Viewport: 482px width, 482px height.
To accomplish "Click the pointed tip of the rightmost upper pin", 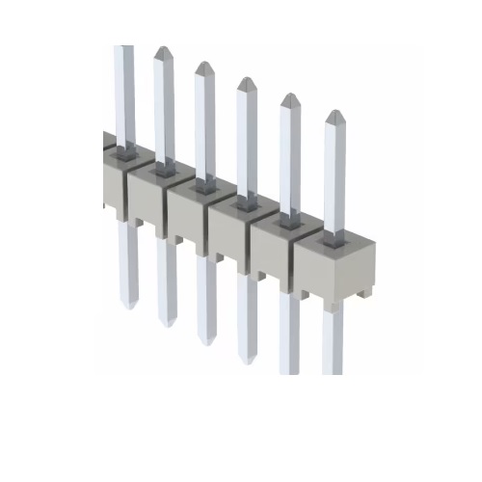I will (335, 115).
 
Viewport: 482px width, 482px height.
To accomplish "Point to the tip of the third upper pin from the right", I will (246, 82).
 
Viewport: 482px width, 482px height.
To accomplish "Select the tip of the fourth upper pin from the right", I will (203, 67).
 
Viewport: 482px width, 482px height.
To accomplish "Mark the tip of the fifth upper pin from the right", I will (162, 50).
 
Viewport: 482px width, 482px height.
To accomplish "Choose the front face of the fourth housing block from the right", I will (188, 216).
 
